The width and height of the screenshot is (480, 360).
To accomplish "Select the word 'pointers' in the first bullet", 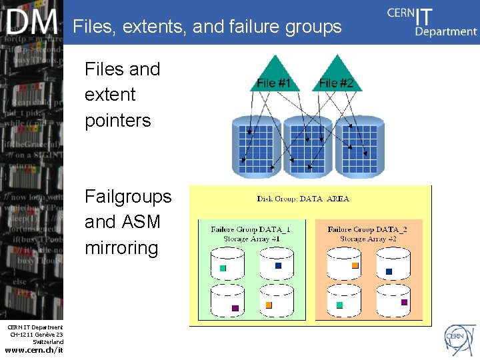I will [x=118, y=121].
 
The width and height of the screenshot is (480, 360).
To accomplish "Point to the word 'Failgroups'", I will [x=128, y=197].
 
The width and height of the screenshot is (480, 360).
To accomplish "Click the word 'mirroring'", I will [x=121, y=248].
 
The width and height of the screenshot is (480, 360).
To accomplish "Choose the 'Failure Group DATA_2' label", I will [x=367, y=229].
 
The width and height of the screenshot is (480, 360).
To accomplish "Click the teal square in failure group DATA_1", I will [x=223, y=268].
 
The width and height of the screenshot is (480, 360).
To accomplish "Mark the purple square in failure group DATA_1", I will [x=235, y=308].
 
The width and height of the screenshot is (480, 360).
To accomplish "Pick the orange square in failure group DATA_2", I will [x=355, y=265].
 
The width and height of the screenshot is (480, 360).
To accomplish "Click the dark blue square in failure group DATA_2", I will [x=389, y=271].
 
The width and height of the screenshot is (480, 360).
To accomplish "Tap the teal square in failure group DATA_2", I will [x=339, y=305].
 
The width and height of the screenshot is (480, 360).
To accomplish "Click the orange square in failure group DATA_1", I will [x=269, y=305].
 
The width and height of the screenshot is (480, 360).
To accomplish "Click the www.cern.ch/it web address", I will [x=34, y=350].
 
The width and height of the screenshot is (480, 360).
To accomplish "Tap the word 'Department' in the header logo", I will [x=445, y=31].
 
